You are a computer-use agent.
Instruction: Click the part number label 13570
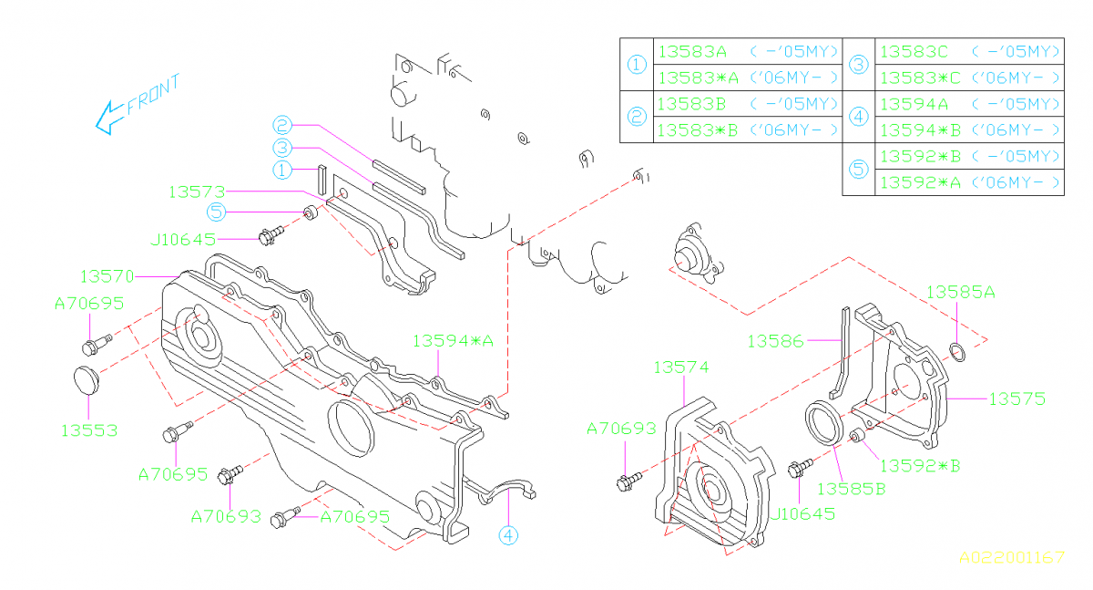[x=107, y=275]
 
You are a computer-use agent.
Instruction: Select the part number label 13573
[x=196, y=191]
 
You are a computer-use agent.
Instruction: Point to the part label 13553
[x=89, y=430]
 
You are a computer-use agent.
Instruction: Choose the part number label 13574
[x=680, y=367]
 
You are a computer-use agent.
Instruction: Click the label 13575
[x=1017, y=399]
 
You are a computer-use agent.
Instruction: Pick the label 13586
[x=775, y=341]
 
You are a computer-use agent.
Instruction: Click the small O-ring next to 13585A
[x=957, y=351]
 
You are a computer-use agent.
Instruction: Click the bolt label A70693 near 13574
[x=621, y=428]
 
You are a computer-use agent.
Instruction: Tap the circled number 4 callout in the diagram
[x=507, y=537]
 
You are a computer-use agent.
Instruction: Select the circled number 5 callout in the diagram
[x=216, y=212]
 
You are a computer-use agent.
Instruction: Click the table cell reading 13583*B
[x=697, y=130]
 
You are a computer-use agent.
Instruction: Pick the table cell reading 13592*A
[x=917, y=182]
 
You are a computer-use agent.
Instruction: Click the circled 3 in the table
[x=858, y=65]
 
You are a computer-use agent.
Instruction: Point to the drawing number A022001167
[x=1010, y=557]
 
